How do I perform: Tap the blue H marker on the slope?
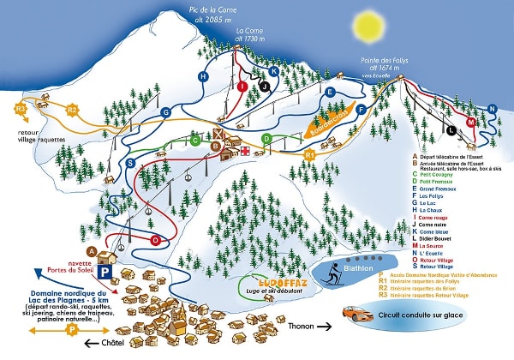[x=203, y=76]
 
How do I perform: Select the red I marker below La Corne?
[x=242, y=87]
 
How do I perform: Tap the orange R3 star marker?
[x=21, y=110]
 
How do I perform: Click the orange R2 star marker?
[x=73, y=110]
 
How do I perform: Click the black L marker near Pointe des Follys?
[x=451, y=130]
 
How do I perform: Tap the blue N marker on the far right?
[x=492, y=108]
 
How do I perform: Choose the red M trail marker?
[x=471, y=123]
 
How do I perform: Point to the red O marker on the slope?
[x=155, y=241]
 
